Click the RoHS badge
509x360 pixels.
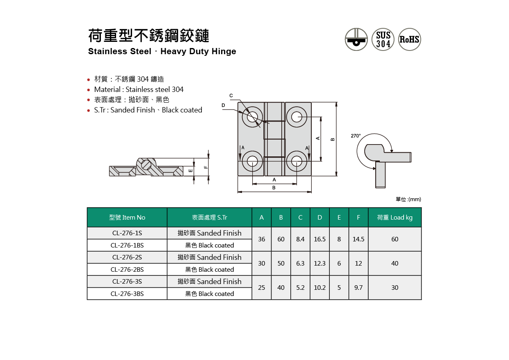(409, 39)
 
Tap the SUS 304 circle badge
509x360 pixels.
(383, 39)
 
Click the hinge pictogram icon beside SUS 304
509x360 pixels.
(356, 39)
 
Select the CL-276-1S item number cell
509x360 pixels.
(127, 233)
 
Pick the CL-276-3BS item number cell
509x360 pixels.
(127, 294)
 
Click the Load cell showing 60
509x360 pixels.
(395, 239)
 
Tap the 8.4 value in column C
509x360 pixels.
(300, 239)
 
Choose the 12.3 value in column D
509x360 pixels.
(320, 264)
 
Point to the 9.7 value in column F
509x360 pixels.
(358, 288)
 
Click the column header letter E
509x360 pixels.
(339, 218)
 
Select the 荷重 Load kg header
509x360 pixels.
(395, 218)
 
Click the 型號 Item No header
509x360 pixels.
(127, 218)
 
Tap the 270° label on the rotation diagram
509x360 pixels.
(356, 136)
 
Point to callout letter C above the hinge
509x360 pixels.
(231, 96)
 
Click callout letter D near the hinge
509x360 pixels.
(224, 105)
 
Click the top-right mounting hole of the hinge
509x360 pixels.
(297, 117)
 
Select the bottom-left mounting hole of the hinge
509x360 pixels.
(252, 161)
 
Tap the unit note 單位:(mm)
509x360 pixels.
(408, 199)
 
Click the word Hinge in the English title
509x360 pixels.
(224, 52)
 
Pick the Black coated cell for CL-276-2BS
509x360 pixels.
(210, 270)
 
